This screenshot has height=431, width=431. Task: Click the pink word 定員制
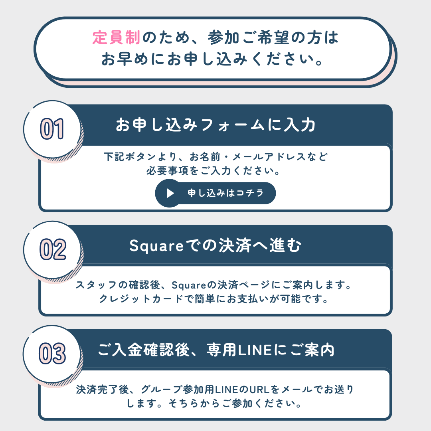tap(116, 38)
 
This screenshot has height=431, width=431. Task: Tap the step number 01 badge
tap(52, 129)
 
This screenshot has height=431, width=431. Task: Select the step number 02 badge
tap(52, 249)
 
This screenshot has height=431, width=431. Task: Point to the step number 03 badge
tap(52, 354)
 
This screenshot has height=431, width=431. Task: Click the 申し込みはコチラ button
tap(215, 193)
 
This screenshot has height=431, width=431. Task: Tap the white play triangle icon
tap(170, 193)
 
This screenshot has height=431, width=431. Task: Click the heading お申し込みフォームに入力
tap(215, 125)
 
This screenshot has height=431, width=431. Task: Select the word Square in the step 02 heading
tap(156, 246)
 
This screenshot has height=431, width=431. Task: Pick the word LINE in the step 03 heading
tap(255, 350)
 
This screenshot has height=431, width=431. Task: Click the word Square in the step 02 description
tap(189, 285)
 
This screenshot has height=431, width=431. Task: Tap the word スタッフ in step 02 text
tap(97, 285)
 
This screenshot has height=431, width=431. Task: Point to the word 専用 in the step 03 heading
tap(221, 350)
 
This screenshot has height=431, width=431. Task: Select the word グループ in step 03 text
tap(162, 389)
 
